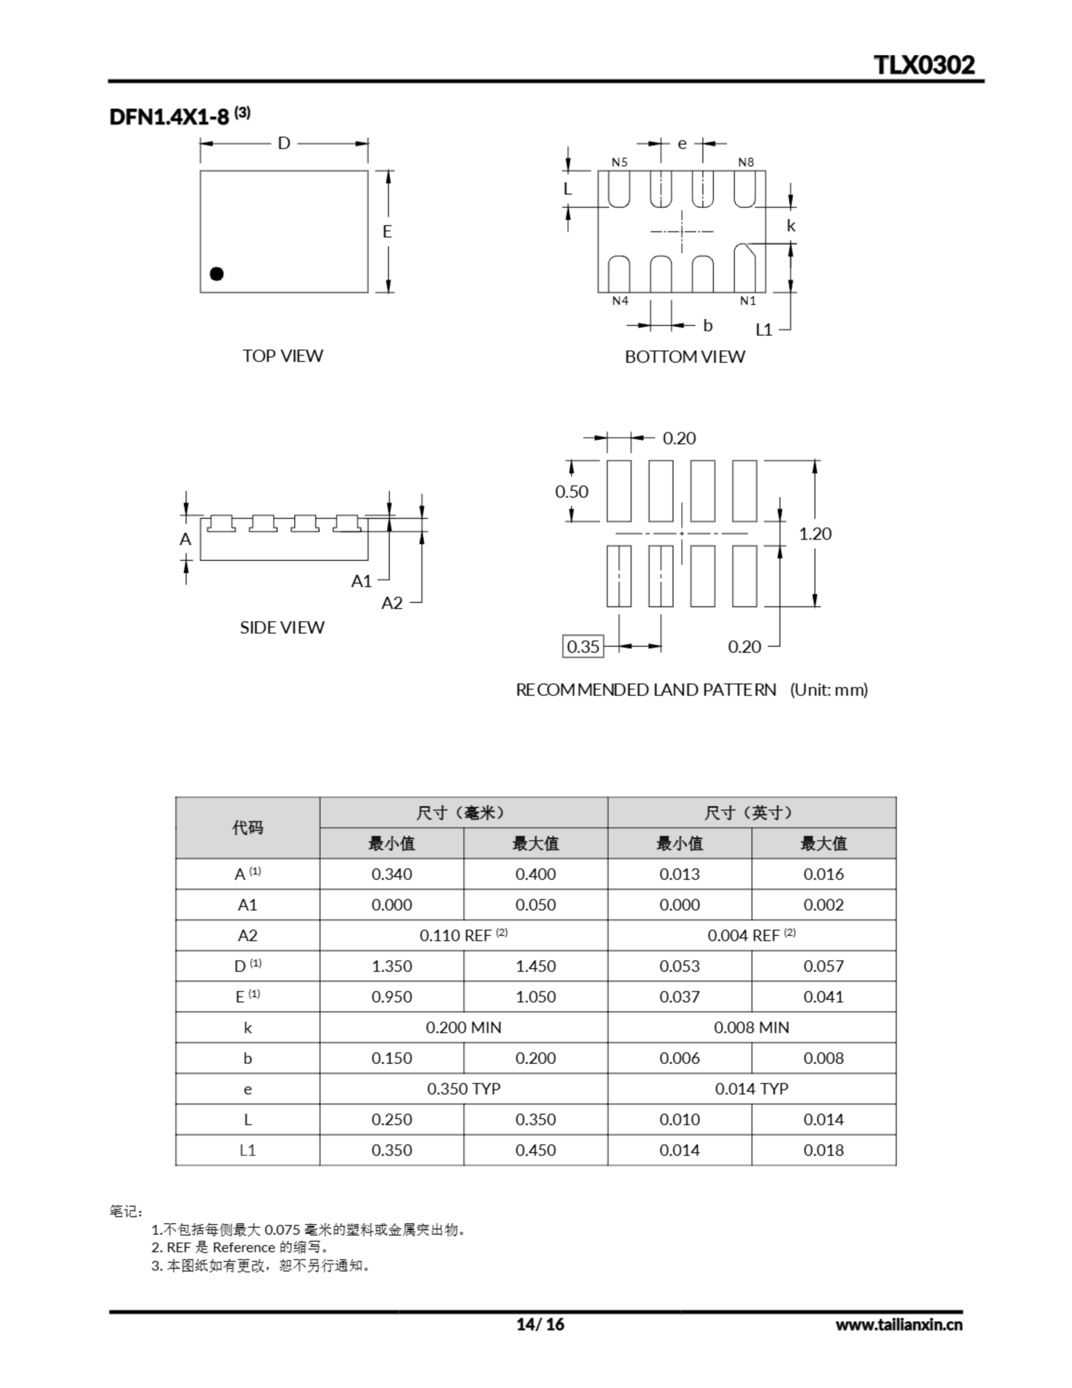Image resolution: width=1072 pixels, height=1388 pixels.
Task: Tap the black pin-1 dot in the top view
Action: point(217,274)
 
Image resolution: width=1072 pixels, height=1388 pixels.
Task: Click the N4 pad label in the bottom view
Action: point(619,300)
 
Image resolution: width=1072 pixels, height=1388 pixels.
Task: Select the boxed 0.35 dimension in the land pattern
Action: point(583,646)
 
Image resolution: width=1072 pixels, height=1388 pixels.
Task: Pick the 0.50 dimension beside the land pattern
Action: point(571,491)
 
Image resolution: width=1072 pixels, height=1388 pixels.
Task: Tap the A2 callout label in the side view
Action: point(392,602)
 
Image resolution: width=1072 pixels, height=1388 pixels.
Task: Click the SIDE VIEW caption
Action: point(281,627)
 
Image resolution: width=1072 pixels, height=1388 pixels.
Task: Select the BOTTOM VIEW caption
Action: point(684,357)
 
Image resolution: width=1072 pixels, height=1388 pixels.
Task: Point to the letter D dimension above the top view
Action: point(284,143)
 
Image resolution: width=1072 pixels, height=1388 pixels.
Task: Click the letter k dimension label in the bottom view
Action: point(791,226)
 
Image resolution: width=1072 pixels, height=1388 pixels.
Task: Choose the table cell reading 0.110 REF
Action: point(463,935)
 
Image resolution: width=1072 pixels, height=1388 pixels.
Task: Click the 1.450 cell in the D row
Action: point(535,966)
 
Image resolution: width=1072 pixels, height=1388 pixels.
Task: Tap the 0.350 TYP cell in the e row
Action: point(463,1089)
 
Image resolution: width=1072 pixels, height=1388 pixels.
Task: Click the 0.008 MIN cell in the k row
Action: point(751,1027)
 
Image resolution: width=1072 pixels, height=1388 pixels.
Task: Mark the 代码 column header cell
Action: point(247,827)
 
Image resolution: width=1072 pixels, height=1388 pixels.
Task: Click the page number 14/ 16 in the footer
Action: point(539,1324)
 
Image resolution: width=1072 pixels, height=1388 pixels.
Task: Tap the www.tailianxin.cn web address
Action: point(899,1325)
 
